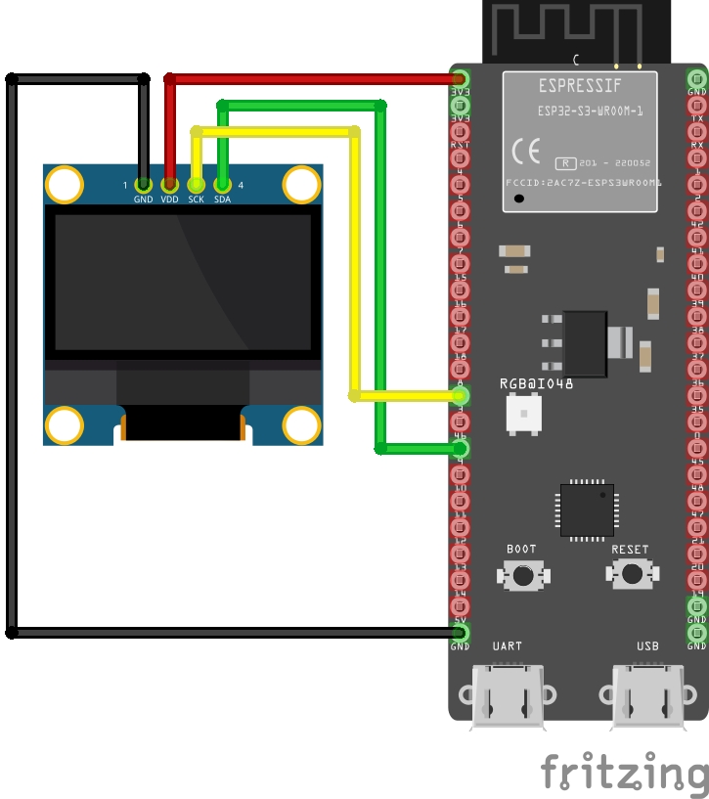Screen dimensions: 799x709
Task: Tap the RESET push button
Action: click(630, 574)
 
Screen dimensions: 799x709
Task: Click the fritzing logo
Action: click(624, 772)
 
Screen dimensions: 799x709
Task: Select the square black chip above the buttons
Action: click(587, 510)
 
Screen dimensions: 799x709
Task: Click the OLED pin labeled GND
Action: click(144, 184)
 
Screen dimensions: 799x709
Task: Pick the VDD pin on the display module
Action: click(170, 184)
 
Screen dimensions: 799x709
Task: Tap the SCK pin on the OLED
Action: click(197, 184)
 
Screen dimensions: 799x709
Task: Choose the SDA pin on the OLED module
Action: click(223, 184)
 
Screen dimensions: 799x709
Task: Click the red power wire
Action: click(313, 78)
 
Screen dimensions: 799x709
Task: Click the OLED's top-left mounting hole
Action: click(65, 184)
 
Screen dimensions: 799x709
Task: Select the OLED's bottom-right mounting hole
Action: click(302, 425)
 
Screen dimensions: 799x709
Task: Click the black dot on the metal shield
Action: click(519, 199)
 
